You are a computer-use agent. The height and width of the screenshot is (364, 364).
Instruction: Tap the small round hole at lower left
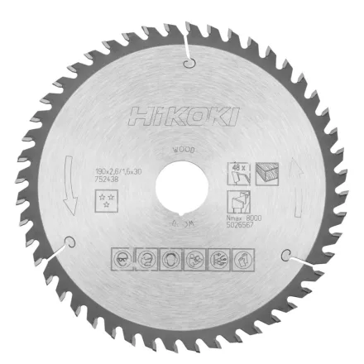click(70, 242)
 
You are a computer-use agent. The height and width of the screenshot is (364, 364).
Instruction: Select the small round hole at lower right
click(286, 254)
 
